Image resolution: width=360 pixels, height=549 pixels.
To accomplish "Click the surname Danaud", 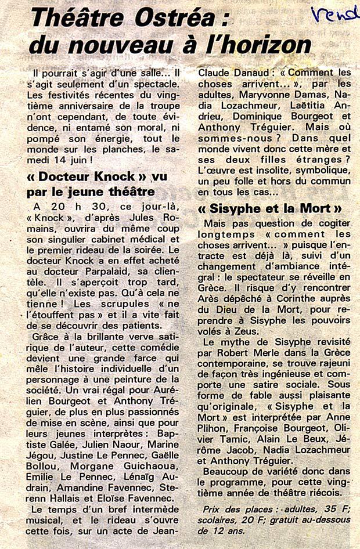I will pos(240,73).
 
